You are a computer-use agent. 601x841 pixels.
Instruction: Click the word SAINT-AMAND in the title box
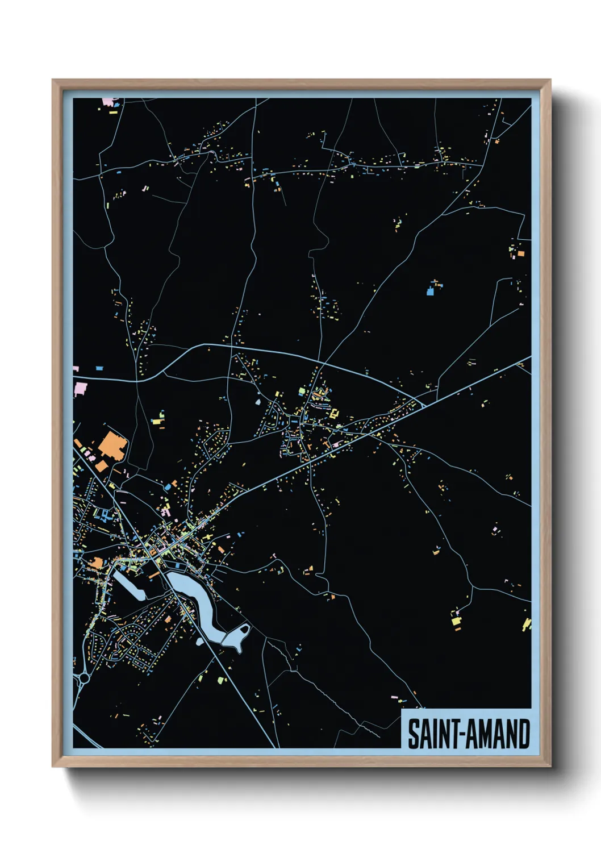coord(469,734)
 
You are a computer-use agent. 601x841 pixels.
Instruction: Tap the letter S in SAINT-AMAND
coord(414,734)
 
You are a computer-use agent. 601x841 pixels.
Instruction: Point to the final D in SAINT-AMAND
coord(524,734)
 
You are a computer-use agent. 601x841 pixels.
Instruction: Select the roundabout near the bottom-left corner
coord(85,677)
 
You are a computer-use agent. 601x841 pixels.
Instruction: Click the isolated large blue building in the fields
coord(431,292)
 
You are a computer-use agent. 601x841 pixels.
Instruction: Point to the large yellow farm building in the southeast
coord(456,621)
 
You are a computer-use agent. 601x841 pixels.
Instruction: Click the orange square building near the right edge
coord(496,141)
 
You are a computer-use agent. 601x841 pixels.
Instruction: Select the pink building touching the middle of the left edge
coord(81,390)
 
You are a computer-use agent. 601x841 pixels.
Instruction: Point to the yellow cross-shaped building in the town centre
coord(333,414)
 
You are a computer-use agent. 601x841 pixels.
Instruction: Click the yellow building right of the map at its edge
coord(527,624)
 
